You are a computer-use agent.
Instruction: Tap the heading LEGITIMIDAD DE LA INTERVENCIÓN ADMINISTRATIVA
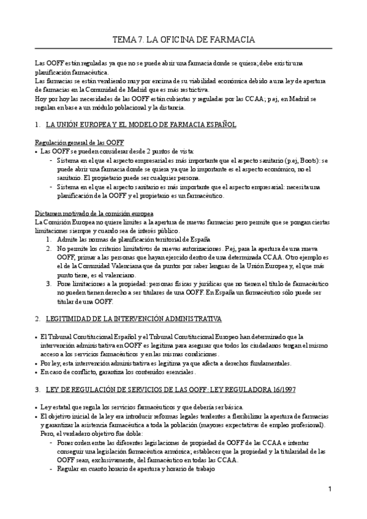pyautogui.click(x=134, y=319)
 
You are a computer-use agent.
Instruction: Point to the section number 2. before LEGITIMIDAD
pyautogui.click(x=39, y=319)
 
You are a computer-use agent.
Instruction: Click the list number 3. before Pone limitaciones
pyautogui.click(x=49, y=285)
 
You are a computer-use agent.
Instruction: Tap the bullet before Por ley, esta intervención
pyautogui.click(x=37, y=363)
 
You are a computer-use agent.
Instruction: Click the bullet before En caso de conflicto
pyautogui.click(x=37, y=372)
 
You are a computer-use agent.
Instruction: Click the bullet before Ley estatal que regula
pyautogui.click(x=37, y=408)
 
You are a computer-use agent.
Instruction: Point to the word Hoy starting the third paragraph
pyautogui.click(x=42, y=99)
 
